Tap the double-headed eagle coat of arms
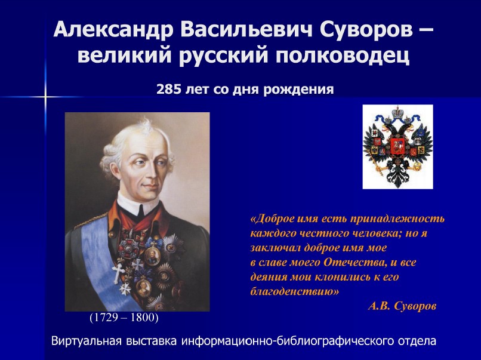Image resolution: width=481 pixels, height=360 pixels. click(397, 147)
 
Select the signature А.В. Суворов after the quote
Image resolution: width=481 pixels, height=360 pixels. click(402, 306)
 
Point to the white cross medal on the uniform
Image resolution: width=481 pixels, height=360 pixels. click(118, 273)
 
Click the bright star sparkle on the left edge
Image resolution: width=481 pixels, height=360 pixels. click(45, 97)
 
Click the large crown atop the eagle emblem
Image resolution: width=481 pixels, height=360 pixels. click(398, 111)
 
